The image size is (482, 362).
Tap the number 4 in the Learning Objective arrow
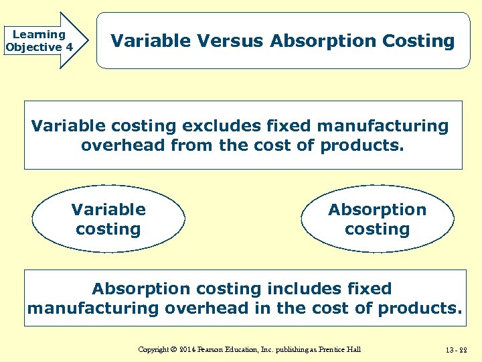69,48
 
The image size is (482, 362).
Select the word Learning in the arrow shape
39,34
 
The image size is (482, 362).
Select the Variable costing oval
108,219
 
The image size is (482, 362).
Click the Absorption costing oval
377,219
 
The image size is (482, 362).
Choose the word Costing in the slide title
418,41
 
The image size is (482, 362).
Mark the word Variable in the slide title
151,41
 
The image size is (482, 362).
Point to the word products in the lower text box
419,308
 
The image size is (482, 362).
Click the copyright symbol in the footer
172,349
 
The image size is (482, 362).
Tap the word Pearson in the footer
215,349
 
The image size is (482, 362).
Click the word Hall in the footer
355,349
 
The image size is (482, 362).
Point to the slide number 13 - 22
455,349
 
